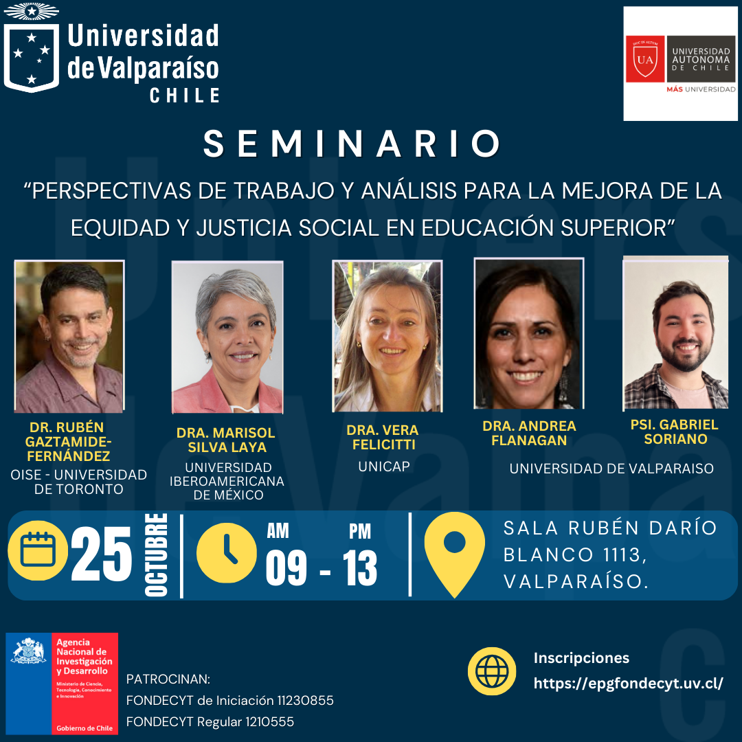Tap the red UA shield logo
pos(645,59)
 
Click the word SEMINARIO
pos(352,144)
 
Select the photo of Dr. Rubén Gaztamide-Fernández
pos(69,336)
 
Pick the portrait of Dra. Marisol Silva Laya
pos(227,337)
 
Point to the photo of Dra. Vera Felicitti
pos(387,336)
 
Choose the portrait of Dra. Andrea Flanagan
pos(529,333)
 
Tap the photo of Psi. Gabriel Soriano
pos(675,333)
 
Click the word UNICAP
pos(384,466)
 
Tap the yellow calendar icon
pos(38,550)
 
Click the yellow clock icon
pos(226,552)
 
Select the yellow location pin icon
pos(454,554)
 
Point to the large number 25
pos(101,554)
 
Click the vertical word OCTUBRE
pos(156,554)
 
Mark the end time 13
pos(360,568)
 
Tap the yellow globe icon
pos(492,671)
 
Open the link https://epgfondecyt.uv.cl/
pos(629,684)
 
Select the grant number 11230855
pos(305,700)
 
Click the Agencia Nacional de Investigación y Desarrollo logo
pos(62,684)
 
